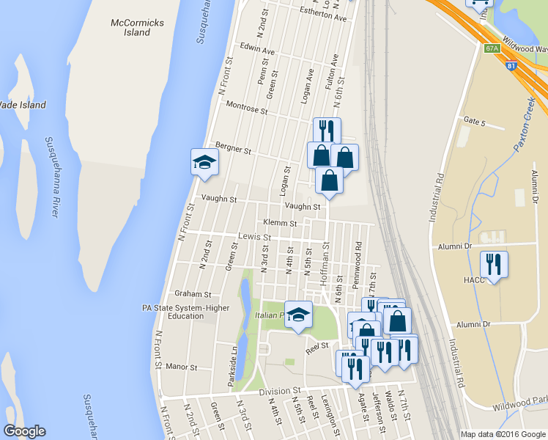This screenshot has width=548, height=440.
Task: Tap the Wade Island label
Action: click(x=22, y=105)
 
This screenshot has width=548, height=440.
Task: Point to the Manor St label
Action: click(x=182, y=365)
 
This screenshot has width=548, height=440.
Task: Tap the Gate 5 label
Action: click(x=474, y=121)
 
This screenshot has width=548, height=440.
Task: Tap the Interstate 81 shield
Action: click(x=511, y=65)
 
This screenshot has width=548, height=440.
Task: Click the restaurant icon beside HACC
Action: click(x=492, y=264)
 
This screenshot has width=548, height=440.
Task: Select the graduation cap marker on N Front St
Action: click(x=204, y=162)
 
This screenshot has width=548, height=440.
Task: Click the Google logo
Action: click(x=24, y=431)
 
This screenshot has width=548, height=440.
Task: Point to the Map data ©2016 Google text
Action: click(x=503, y=433)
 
